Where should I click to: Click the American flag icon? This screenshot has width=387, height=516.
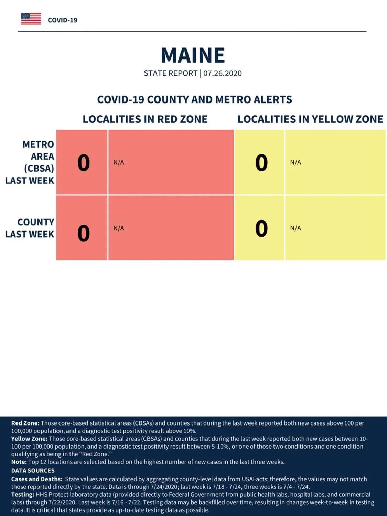[x=31, y=19]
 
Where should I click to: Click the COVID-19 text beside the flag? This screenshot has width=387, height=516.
[x=63, y=20]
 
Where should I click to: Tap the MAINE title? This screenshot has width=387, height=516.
[x=193, y=55]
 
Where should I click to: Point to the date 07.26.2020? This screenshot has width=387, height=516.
[x=223, y=73]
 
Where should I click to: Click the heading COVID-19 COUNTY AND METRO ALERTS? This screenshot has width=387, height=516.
[x=195, y=100]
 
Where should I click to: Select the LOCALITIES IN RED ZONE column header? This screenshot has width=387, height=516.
[x=145, y=119]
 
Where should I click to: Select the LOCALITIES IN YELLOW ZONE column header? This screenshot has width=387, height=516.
[x=310, y=119]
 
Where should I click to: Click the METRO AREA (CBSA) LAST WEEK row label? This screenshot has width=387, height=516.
[x=30, y=162]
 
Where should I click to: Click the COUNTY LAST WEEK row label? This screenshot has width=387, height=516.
[x=30, y=228]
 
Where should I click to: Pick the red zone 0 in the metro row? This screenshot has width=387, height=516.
[x=84, y=163]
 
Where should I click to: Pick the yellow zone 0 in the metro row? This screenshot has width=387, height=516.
[x=261, y=163]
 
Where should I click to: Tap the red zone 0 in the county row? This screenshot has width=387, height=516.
[x=84, y=233]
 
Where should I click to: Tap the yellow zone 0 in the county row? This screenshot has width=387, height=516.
[x=261, y=228]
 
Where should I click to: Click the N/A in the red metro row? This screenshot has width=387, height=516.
[x=119, y=162]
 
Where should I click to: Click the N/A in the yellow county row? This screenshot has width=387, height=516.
[x=295, y=228]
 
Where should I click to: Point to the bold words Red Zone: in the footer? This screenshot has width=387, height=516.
[x=25, y=423]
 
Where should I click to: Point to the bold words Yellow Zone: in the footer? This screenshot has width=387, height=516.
[x=29, y=439]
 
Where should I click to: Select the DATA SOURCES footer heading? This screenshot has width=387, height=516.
[x=33, y=470]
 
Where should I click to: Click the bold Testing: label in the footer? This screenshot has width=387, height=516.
[x=23, y=495]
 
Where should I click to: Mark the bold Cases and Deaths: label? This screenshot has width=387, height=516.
[x=37, y=479]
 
